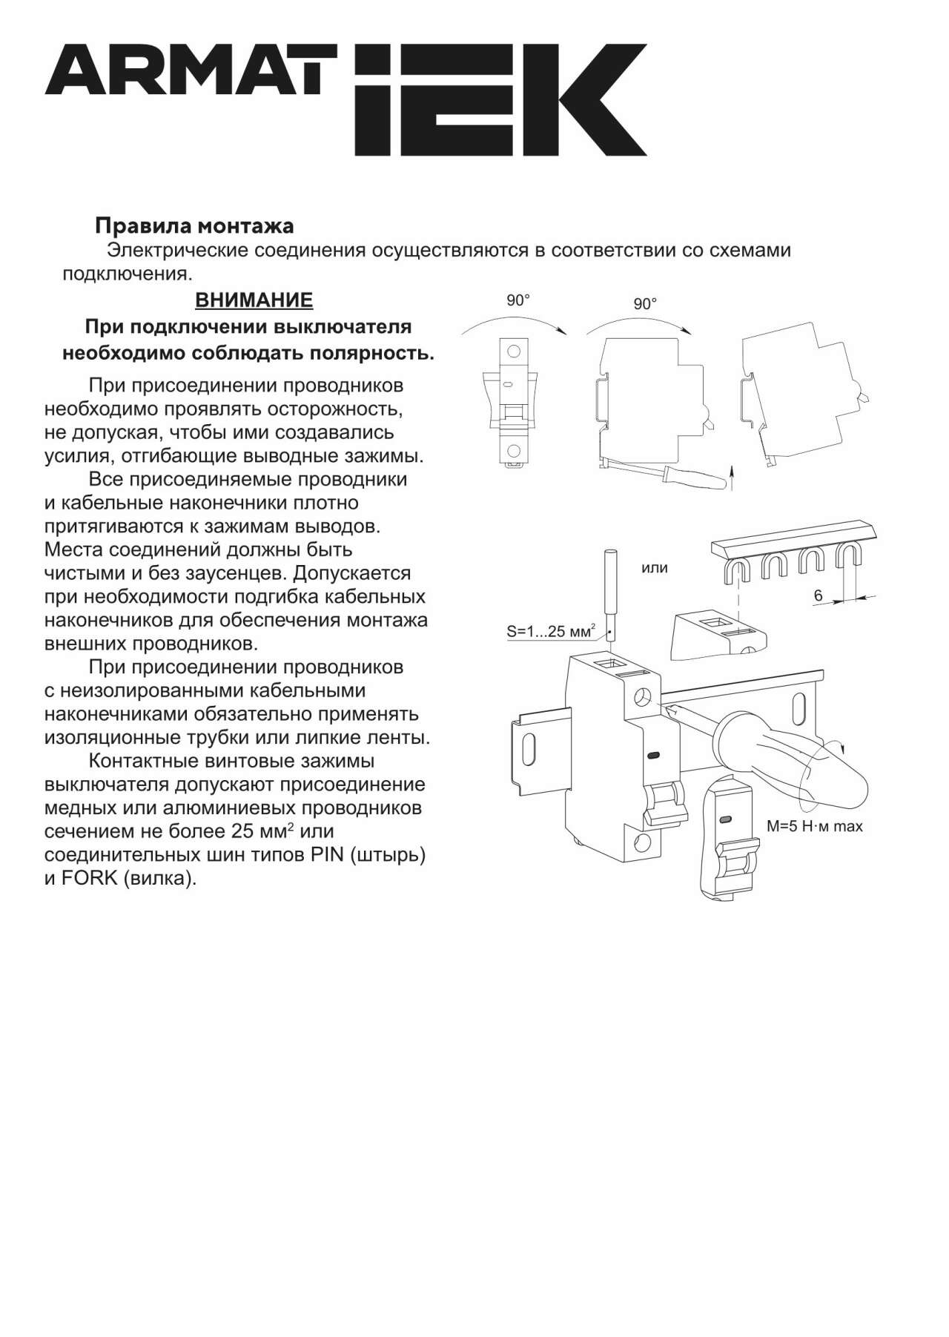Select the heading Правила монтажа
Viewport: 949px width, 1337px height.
194,225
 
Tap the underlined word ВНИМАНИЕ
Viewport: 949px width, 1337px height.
254,300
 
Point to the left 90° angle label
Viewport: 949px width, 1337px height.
518,300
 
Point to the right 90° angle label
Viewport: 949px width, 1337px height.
645,304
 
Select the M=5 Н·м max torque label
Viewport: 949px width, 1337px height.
815,826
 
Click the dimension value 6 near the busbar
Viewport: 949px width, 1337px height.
819,595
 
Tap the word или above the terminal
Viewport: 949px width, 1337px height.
655,568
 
